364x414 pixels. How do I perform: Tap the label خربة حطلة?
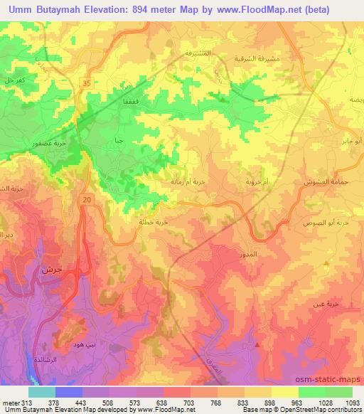[152, 222]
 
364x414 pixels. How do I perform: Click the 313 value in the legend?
[17, 401]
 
